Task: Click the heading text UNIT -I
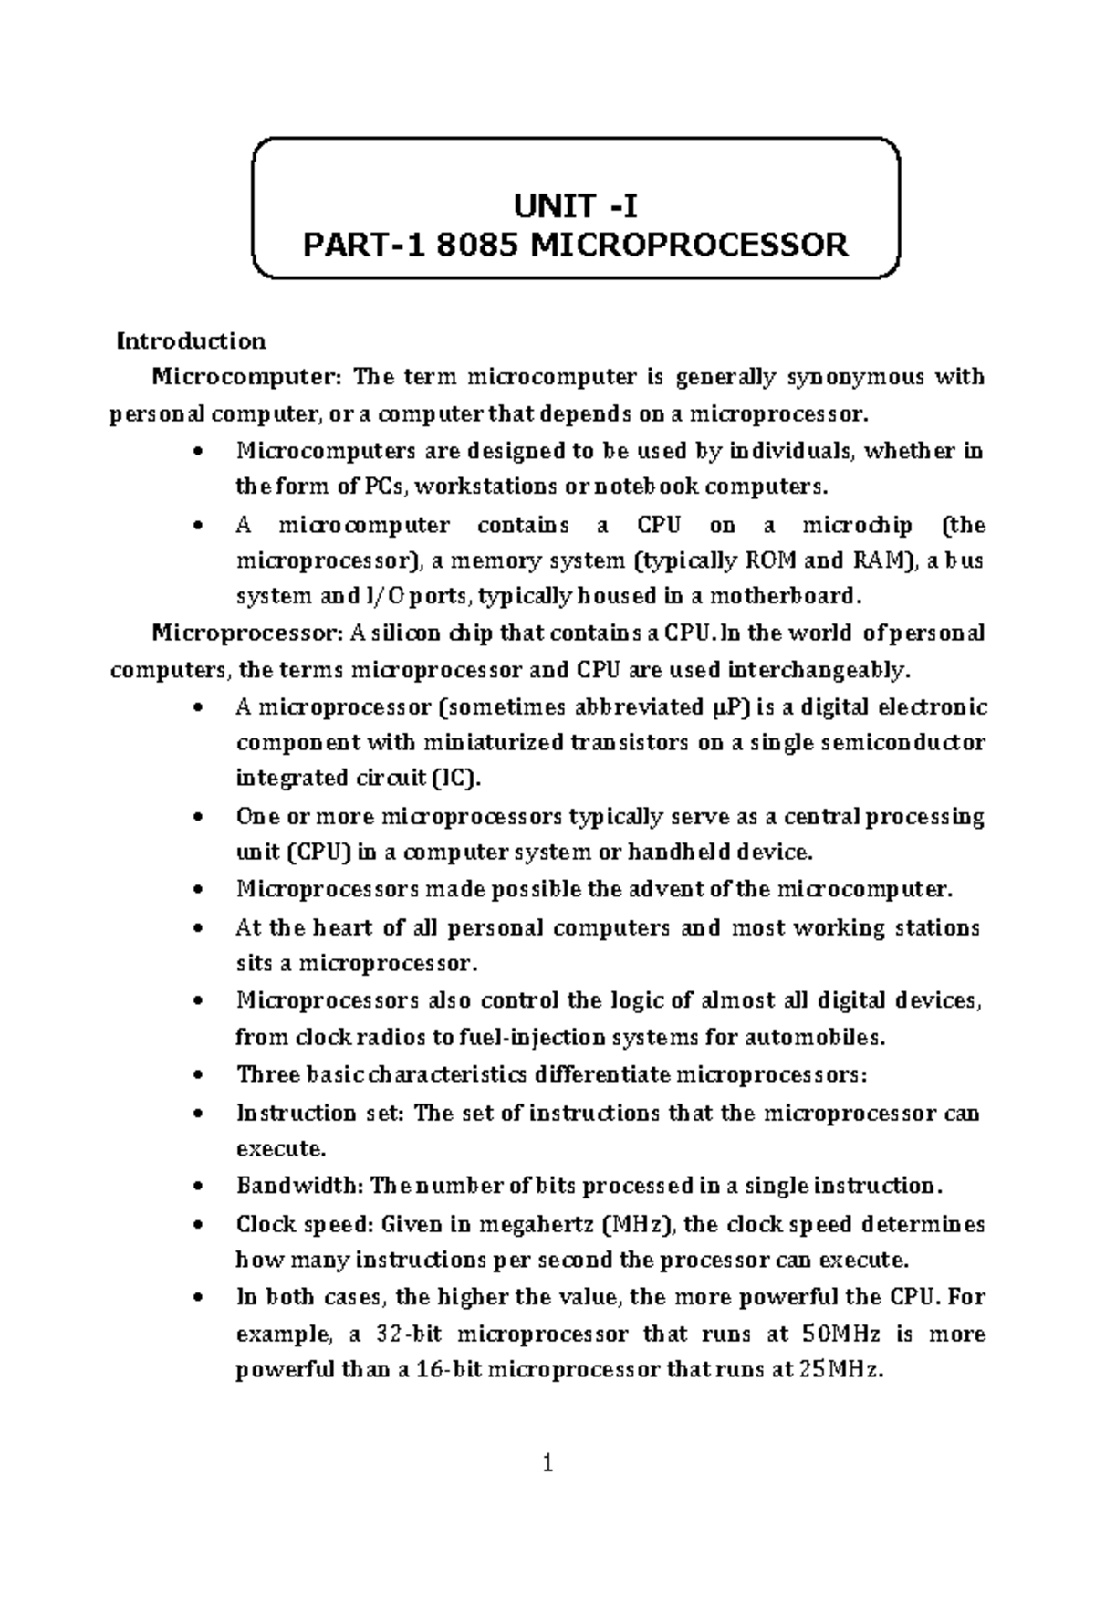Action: click(x=576, y=207)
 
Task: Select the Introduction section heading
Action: click(x=191, y=341)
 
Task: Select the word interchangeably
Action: click(x=819, y=671)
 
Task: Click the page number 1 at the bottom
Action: click(x=547, y=1465)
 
